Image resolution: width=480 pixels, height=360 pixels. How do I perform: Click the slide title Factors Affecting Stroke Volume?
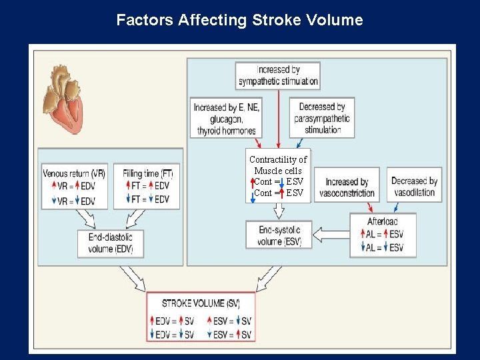point(239,20)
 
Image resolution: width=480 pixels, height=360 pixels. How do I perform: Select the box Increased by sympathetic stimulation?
point(278,75)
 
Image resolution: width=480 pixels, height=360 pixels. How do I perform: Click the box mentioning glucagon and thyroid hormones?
point(227,119)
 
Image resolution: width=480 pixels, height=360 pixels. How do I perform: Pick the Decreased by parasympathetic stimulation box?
point(322,118)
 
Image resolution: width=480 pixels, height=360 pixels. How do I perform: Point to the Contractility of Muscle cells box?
point(279,176)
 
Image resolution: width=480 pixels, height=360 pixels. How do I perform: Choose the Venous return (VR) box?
point(74,187)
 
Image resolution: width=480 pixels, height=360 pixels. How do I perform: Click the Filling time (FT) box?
point(147,187)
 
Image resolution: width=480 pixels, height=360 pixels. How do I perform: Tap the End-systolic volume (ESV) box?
point(279,235)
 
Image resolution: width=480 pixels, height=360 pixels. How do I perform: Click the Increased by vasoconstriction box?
point(347,187)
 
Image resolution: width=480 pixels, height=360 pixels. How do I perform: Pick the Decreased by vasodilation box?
point(413,187)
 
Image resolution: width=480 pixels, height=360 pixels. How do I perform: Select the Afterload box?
point(383,235)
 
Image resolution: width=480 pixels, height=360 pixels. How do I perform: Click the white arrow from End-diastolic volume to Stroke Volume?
point(133,277)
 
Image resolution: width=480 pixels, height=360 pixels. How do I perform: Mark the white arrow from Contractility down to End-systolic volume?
point(279,211)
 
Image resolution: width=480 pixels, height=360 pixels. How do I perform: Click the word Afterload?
point(382,221)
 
